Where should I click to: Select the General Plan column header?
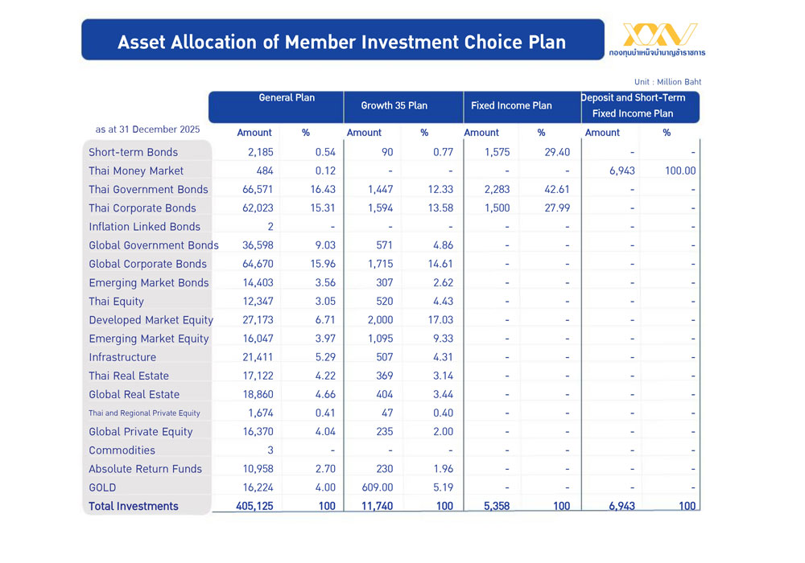click(287, 98)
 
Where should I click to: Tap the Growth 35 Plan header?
click(394, 105)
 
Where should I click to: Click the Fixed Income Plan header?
click(512, 105)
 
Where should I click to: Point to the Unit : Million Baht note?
click(667, 82)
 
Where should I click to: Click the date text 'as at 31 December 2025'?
click(147, 129)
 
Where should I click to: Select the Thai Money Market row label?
click(136, 171)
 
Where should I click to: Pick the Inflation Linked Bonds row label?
click(145, 227)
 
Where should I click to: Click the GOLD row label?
click(102, 487)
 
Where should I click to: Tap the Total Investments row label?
click(134, 506)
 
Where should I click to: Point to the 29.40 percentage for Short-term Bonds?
click(556, 152)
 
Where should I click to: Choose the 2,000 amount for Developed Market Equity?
click(380, 320)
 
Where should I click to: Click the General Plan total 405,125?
click(253, 506)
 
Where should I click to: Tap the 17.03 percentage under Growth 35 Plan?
click(440, 320)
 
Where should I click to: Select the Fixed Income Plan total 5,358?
click(485, 506)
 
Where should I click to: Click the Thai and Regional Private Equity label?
click(144, 413)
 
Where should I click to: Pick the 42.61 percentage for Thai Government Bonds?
click(556, 189)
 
